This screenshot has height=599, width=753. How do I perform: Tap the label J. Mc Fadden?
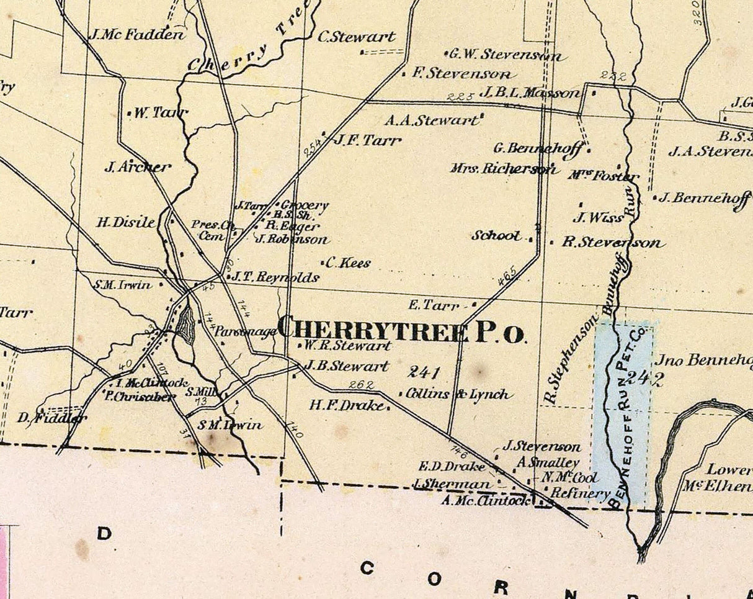point(137,35)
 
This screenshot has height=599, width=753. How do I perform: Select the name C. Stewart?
point(356,37)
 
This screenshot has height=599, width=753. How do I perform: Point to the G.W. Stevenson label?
point(505,55)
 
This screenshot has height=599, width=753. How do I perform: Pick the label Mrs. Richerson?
point(504,168)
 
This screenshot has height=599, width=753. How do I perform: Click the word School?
point(496,236)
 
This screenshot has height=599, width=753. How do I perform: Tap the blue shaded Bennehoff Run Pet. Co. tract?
point(623,410)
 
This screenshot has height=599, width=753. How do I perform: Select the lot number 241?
point(424,372)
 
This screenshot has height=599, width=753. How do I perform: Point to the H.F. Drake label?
point(349,405)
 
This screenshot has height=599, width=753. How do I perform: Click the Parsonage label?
point(246,332)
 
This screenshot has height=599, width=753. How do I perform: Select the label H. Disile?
point(125,222)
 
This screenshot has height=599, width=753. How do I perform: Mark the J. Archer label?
point(137,166)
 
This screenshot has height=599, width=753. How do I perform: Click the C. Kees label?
point(348,263)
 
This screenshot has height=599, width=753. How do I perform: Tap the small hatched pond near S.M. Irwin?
point(185,325)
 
